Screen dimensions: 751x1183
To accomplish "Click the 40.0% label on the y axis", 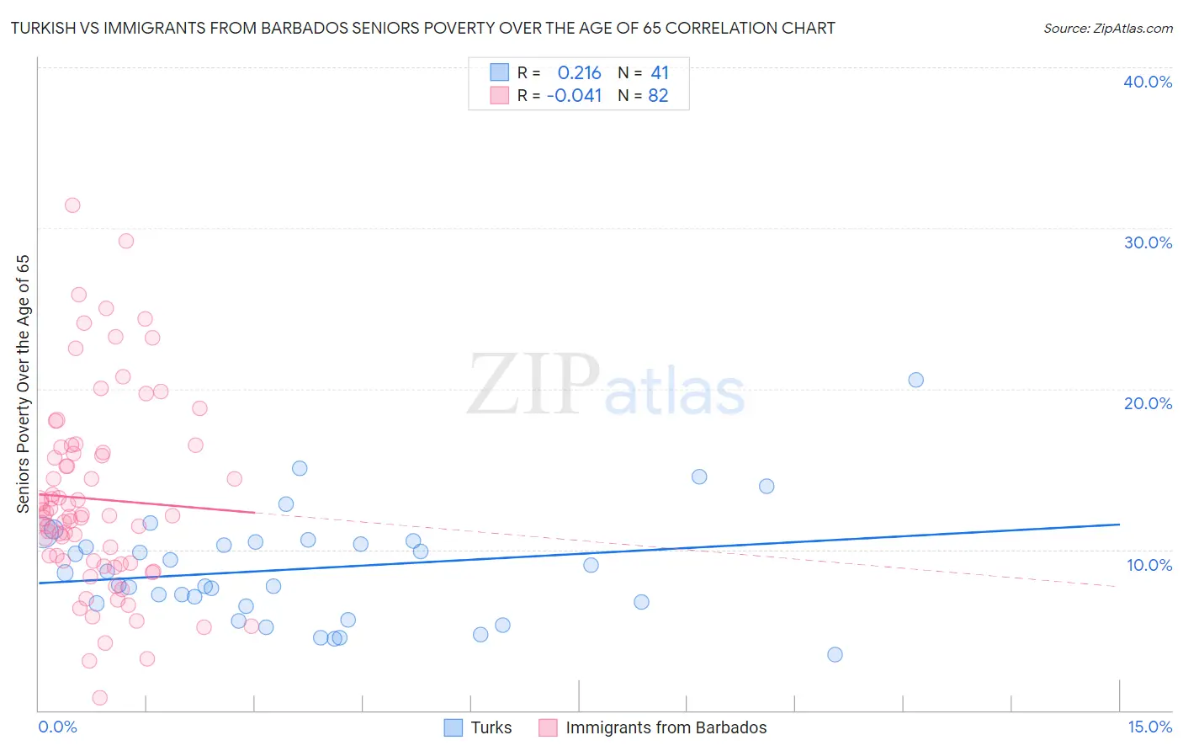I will pos(1147,82).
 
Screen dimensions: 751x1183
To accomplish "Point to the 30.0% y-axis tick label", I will pos(1147,242).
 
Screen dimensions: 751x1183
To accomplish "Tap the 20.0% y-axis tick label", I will pos(1147,403).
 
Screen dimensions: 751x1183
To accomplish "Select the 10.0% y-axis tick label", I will pos(1149,565).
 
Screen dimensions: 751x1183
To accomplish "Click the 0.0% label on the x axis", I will pos(57,727).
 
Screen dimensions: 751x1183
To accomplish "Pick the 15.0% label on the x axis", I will pos(1149,727).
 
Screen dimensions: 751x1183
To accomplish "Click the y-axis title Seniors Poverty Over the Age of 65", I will pos(23,384).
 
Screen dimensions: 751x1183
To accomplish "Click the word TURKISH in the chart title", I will pos(45,28).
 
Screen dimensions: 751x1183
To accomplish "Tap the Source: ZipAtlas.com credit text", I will pos(1107,28).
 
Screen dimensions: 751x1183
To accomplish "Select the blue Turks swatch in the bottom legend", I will pos(454,727).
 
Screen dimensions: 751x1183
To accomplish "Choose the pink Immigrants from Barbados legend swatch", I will pos(548,727).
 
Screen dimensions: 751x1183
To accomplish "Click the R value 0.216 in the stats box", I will pos(579,72).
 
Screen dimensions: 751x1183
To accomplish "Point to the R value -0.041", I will pos(574,96).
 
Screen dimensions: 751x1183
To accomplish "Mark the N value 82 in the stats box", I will pos(658,96).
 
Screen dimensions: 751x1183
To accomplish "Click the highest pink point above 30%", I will pos(72,205).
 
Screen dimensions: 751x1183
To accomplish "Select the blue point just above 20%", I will pos(915,380).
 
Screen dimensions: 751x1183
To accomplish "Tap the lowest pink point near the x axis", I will pos(99,697).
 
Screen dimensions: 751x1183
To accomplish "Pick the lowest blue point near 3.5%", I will pos(835,654).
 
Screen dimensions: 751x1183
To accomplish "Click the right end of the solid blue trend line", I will pos(1119,525).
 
